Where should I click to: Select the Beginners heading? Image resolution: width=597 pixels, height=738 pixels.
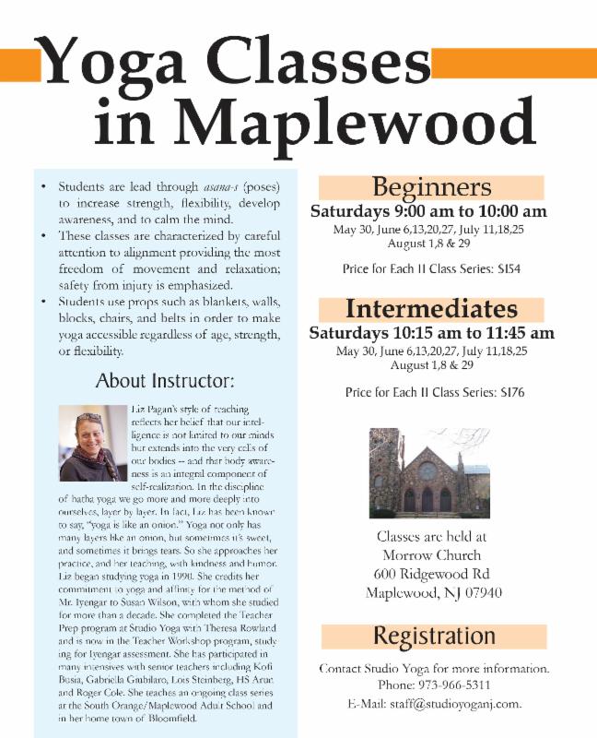[431, 187]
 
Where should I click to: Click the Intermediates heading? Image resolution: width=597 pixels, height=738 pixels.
[431, 308]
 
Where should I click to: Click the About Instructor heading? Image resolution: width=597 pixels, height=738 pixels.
[178, 381]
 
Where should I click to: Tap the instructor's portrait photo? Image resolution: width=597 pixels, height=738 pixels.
[92, 443]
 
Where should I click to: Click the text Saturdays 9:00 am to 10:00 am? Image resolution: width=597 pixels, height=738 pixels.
[428, 211]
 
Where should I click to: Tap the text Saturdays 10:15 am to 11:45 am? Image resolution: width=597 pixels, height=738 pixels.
[431, 332]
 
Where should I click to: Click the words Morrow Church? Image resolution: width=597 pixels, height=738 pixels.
[431, 554]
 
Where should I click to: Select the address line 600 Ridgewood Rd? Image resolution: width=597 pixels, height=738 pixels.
[431, 573]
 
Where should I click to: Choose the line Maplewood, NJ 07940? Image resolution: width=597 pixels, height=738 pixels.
[431, 592]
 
